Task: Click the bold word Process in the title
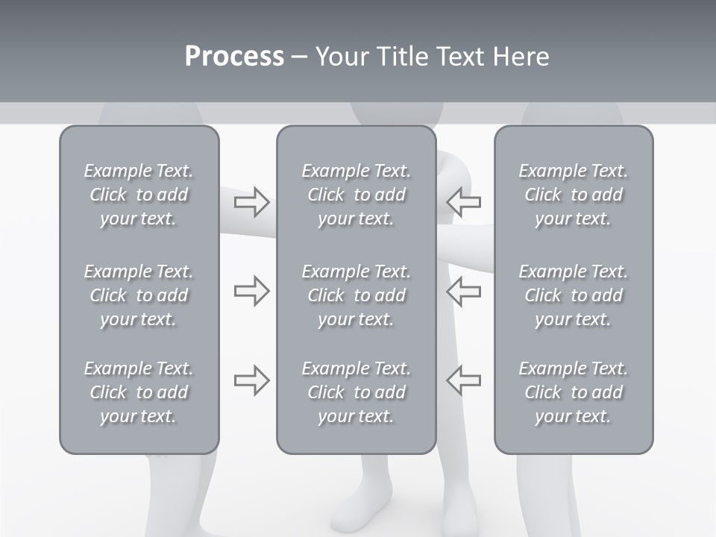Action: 234,57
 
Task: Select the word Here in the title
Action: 520,57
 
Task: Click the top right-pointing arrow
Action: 251,202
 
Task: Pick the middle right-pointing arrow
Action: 251,291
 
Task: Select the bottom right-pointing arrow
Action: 251,380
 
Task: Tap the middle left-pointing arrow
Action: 463,291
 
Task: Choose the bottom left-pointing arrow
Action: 463,380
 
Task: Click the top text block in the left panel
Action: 139,195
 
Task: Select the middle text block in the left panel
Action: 139,295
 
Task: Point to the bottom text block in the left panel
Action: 139,392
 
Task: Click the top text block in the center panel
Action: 357,195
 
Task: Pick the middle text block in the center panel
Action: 357,295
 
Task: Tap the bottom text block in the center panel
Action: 357,392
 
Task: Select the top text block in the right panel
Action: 574,195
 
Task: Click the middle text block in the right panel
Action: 574,295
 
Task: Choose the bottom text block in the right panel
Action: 574,392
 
